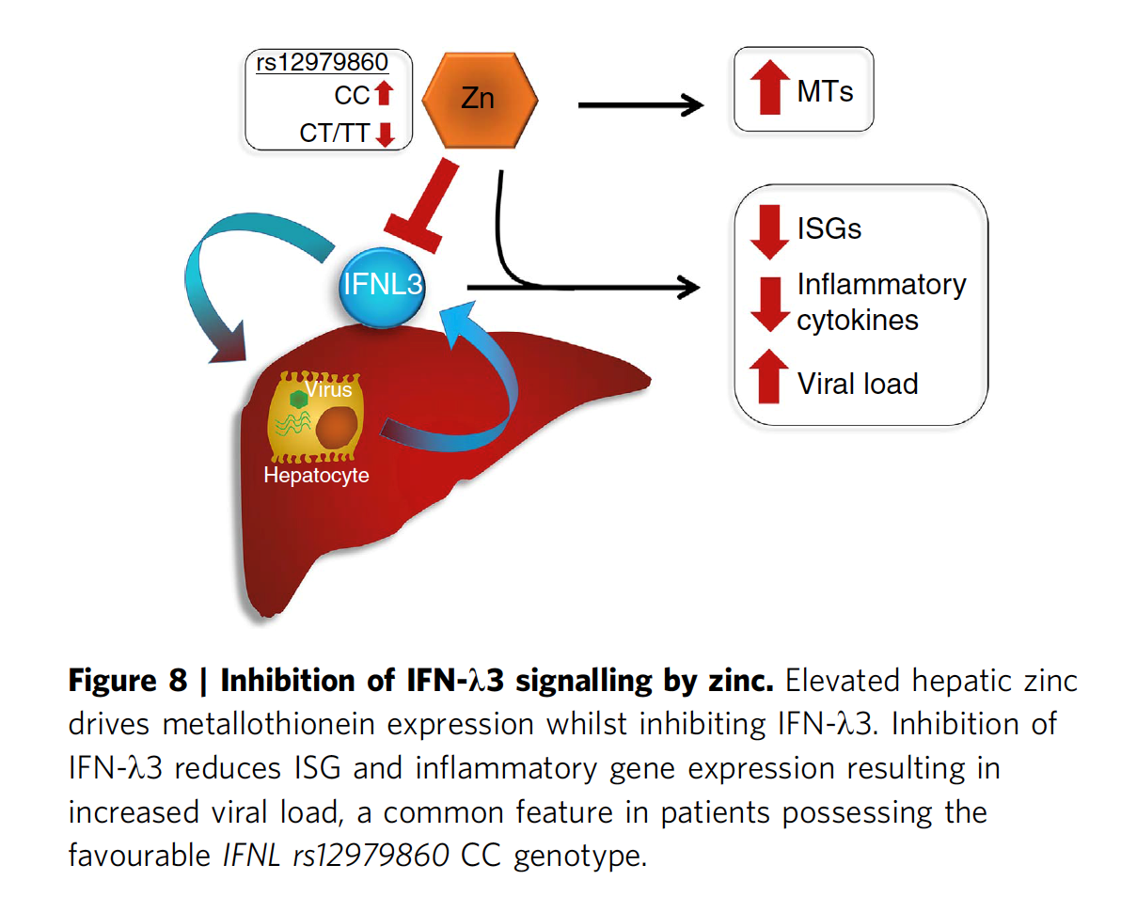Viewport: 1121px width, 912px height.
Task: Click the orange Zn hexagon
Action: (479, 98)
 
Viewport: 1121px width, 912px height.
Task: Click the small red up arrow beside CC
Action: (382, 95)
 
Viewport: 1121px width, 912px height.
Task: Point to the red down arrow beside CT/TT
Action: (383, 134)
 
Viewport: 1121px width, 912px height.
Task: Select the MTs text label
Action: (825, 91)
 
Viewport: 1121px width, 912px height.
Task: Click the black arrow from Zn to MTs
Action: (640, 105)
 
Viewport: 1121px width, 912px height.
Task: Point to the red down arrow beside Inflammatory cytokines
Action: (769, 303)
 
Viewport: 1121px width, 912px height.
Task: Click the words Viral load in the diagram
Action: (858, 384)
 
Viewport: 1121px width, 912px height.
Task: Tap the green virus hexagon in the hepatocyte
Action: (299, 400)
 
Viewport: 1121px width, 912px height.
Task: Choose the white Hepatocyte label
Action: (316, 476)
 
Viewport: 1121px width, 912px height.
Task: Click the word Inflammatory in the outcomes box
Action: (881, 285)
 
